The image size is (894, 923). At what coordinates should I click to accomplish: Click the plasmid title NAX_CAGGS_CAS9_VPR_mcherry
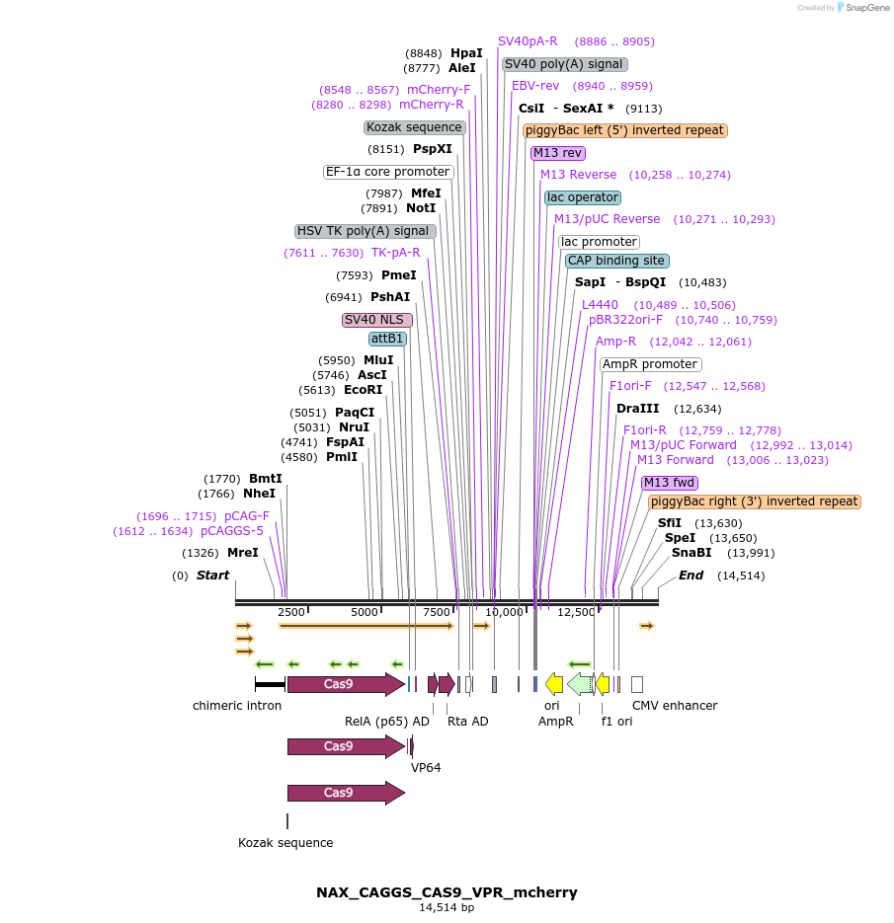(x=447, y=892)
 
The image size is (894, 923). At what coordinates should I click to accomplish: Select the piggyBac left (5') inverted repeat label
(x=625, y=130)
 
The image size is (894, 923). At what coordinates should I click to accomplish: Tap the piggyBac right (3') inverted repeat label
(x=755, y=501)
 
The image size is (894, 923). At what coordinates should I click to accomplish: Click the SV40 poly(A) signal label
(x=564, y=64)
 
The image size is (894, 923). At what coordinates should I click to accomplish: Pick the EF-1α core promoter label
(x=388, y=172)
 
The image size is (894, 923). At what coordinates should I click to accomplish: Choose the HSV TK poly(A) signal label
(x=366, y=231)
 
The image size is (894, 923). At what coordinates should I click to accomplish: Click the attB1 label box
(x=388, y=339)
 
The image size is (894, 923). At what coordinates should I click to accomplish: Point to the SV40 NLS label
(x=376, y=320)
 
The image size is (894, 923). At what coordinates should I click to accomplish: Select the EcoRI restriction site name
(x=363, y=390)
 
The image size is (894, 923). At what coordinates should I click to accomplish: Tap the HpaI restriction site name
(x=466, y=53)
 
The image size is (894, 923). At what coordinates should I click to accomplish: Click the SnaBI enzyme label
(x=691, y=553)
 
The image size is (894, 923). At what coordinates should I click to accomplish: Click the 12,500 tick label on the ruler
(x=577, y=612)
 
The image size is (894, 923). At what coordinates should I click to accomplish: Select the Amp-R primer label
(x=615, y=342)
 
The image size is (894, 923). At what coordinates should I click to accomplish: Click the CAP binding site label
(x=617, y=261)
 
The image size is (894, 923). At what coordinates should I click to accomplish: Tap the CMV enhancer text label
(x=674, y=706)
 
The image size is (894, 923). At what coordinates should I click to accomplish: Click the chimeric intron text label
(x=237, y=706)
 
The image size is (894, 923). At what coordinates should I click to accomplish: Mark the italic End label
(x=691, y=576)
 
